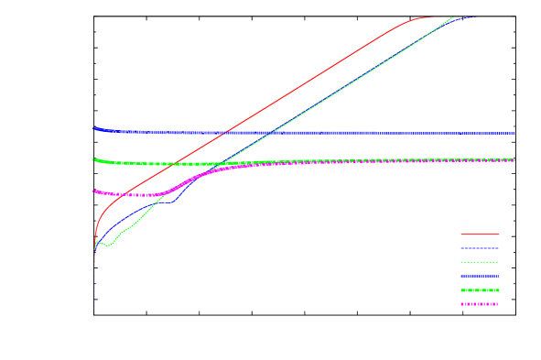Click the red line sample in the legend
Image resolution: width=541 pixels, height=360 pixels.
pos(480,235)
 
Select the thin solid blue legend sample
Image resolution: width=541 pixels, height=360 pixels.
pos(480,248)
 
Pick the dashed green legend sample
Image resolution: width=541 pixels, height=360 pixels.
pos(480,262)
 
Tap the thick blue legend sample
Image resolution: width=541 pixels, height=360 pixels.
pos(480,276)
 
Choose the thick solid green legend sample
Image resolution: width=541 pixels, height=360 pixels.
pos(480,289)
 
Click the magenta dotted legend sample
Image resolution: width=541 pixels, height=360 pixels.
pos(480,304)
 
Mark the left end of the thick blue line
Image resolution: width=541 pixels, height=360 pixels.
pos(95,128)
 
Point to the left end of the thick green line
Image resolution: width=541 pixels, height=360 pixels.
pos(95,159)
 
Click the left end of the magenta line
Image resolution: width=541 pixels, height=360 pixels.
pos(95,191)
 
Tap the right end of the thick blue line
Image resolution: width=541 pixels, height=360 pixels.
pos(514,134)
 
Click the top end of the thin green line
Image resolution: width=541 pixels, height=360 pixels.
pos(453,16)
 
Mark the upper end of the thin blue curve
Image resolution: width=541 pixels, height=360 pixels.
pos(477,16)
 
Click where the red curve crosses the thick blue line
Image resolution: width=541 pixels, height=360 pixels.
pos(224,133)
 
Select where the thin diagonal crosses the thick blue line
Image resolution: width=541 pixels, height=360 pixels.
pos(271,133)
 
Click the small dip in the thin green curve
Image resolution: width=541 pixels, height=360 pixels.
pos(109,245)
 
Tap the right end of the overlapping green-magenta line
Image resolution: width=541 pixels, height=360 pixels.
pos(514,160)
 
